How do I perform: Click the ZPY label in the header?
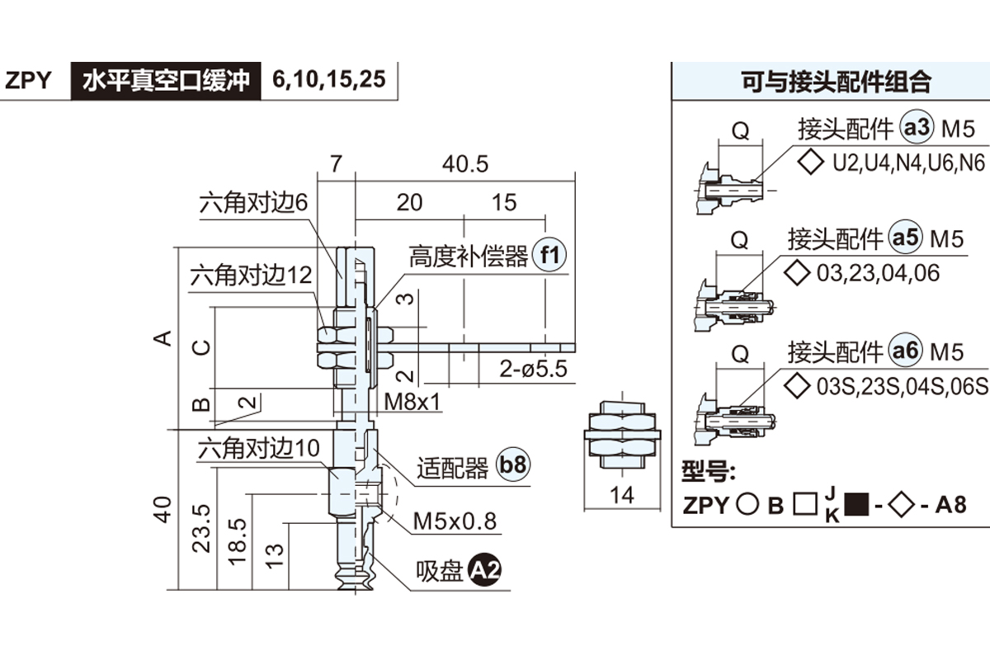click(29, 81)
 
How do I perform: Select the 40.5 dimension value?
click(465, 164)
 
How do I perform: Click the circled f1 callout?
click(549, 257)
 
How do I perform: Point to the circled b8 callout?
click(512, 467)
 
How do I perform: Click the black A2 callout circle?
click(485, 571)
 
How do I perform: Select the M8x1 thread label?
click(415, 402)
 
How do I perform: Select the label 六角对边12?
click(252, 274)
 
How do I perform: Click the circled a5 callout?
click(906, 238)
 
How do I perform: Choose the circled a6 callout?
click(906, 351)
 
